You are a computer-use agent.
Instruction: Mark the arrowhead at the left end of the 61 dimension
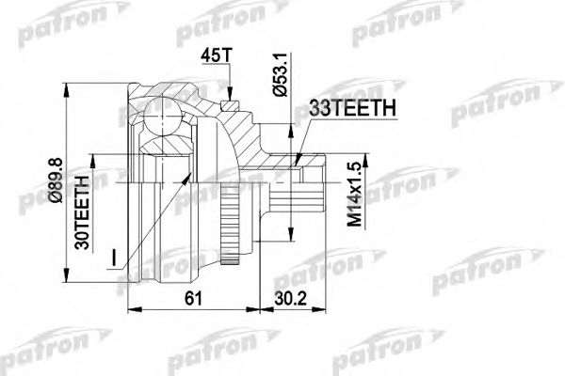[x=130, y=311]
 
